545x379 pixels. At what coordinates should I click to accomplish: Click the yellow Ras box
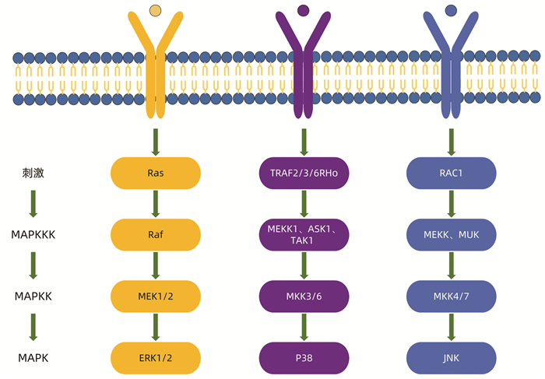(156, 173)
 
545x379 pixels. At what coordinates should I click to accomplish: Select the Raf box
(156, 234)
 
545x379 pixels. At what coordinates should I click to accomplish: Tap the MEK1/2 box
(156, 296)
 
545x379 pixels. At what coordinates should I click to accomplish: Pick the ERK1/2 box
(156, 357)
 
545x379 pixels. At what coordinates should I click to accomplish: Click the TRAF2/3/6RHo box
(304, 173)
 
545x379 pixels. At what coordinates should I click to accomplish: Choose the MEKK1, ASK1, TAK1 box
(304, 234)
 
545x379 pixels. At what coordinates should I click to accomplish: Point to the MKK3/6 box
(304, 296)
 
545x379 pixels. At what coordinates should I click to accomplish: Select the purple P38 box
(304, 357)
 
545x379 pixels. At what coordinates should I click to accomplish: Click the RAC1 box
(452, 173)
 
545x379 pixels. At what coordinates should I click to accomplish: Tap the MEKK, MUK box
(452, 234)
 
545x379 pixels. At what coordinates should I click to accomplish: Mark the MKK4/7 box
(452, 296)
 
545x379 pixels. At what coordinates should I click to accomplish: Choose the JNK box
(452, 357)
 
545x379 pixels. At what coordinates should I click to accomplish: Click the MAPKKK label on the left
(33, 234)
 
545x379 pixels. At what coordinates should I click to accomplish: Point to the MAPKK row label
(33, 296)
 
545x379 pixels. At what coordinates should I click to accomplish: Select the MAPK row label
(33, 357)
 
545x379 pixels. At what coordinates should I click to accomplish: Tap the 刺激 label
(33, 173)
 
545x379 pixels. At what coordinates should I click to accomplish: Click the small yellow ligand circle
(156, 10)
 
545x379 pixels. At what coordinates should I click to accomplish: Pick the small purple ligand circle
(304, 10)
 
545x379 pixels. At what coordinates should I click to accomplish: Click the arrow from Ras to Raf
(156, 203)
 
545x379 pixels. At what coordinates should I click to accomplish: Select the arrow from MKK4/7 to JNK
(452, 326)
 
